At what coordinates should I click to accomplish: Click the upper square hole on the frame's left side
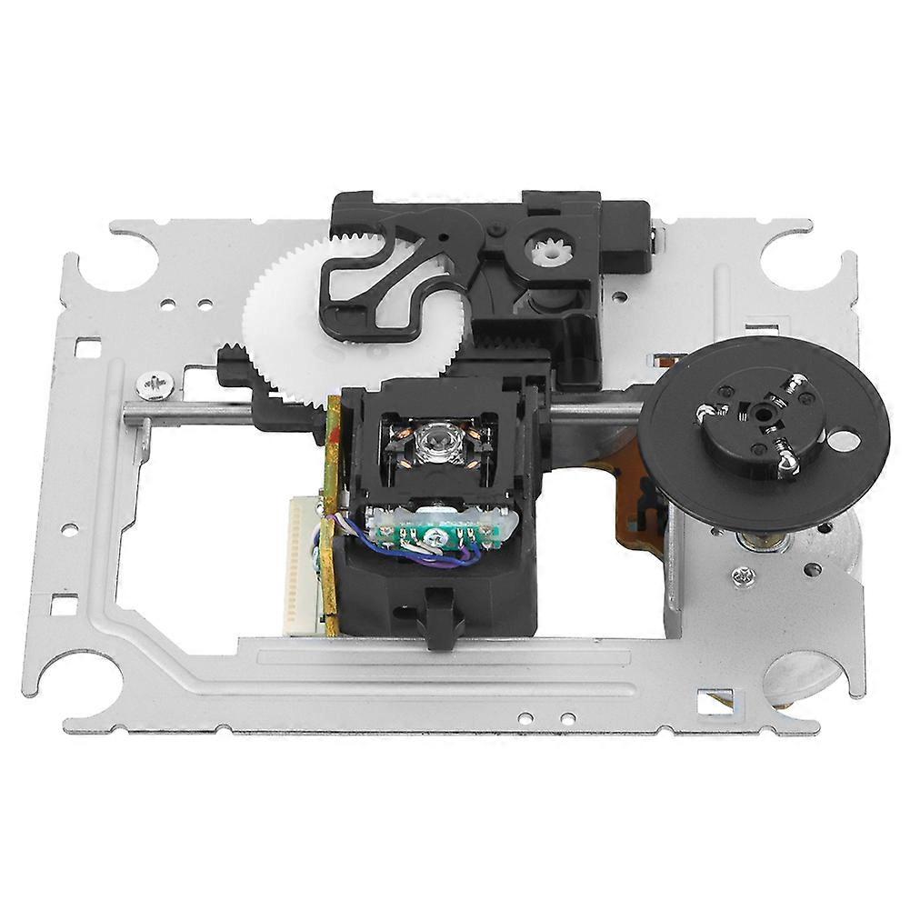tap(87, 346)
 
